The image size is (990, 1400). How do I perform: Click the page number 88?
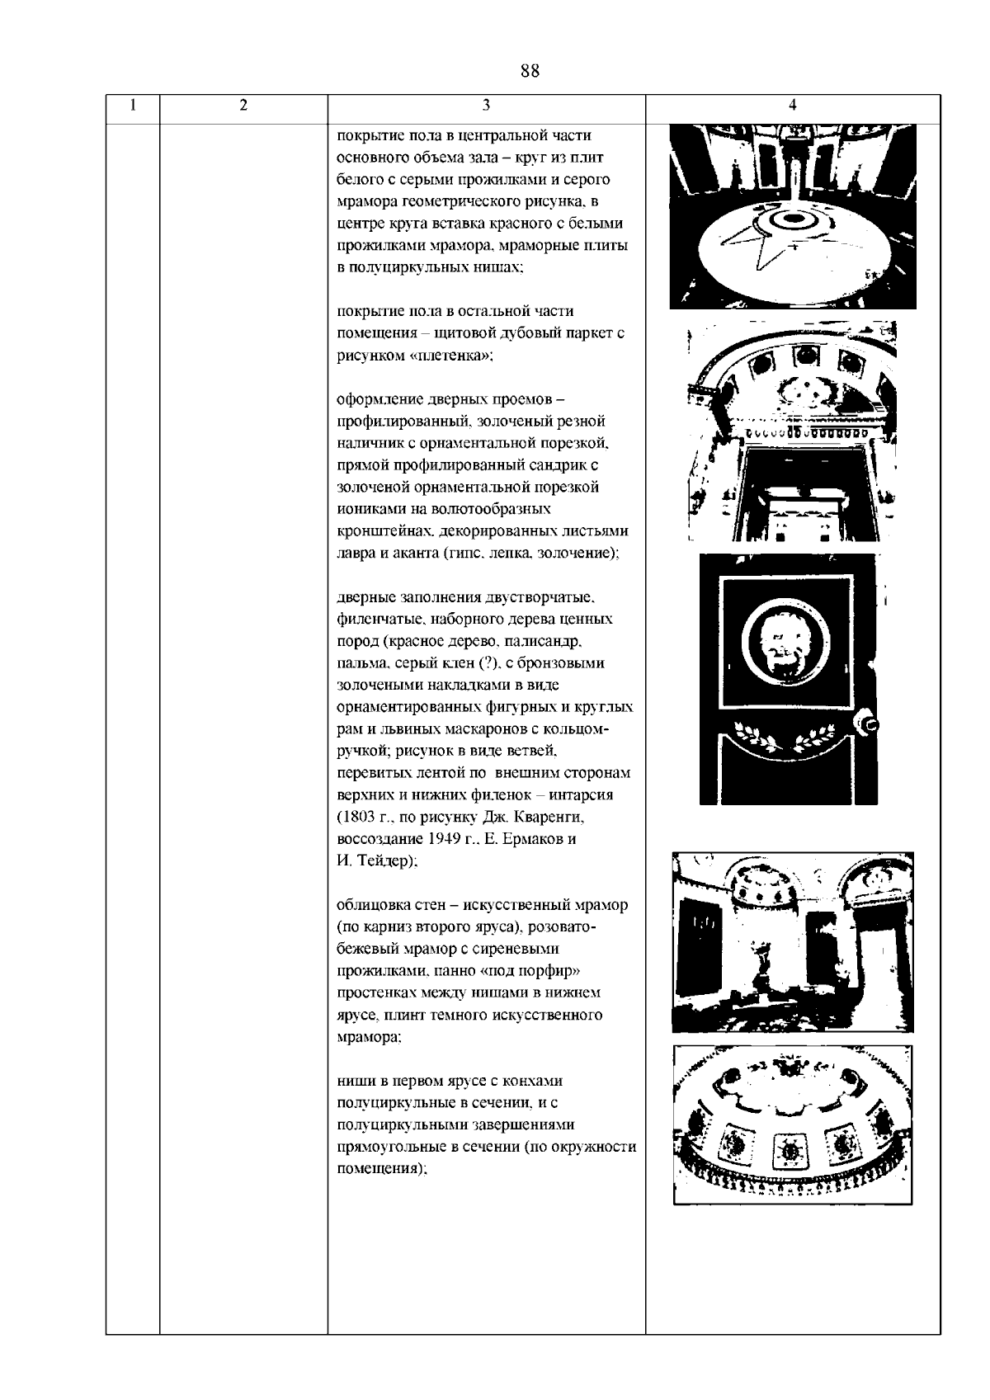[x=530, y=71]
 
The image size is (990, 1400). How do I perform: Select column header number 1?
[x=133, y=105]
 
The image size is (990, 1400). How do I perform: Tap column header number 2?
[x=243, y=105]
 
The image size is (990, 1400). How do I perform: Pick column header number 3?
[x=486, y=105]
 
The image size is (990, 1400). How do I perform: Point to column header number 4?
[x=792, y=105]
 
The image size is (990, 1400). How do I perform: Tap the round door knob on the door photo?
[x=870, y=725]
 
